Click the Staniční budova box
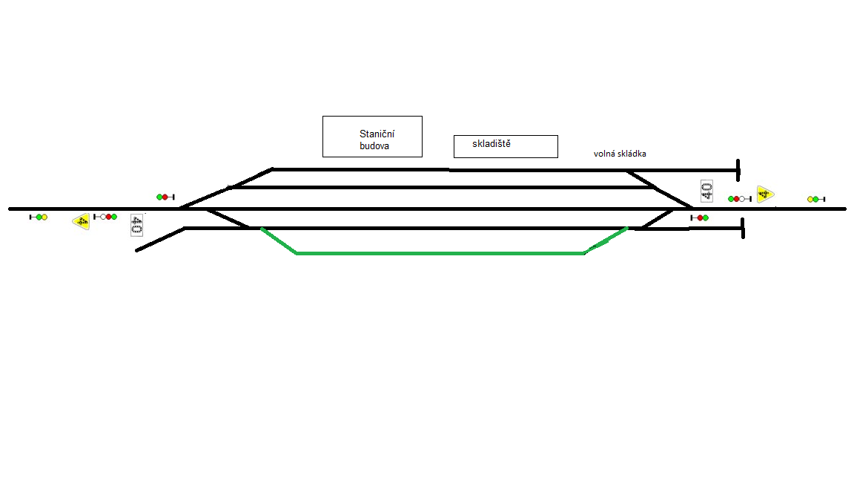click(372, 137)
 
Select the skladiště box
click(505, 146)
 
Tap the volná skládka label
click(620, 154)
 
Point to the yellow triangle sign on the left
click(82, 220)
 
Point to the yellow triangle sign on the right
click(765, 194)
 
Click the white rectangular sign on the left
click(136, 225)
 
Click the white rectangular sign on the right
click(706, 191)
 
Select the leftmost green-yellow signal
click(38, 217)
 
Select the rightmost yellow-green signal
click(815, 199)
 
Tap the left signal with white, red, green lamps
click(105, 217)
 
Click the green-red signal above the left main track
click(165, 197)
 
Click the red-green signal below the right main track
click(699, 217)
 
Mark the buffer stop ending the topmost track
click(738, 170)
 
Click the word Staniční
click(377, 134)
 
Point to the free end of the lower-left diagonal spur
click(137, 250)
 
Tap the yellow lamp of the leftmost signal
click(44, 217)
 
